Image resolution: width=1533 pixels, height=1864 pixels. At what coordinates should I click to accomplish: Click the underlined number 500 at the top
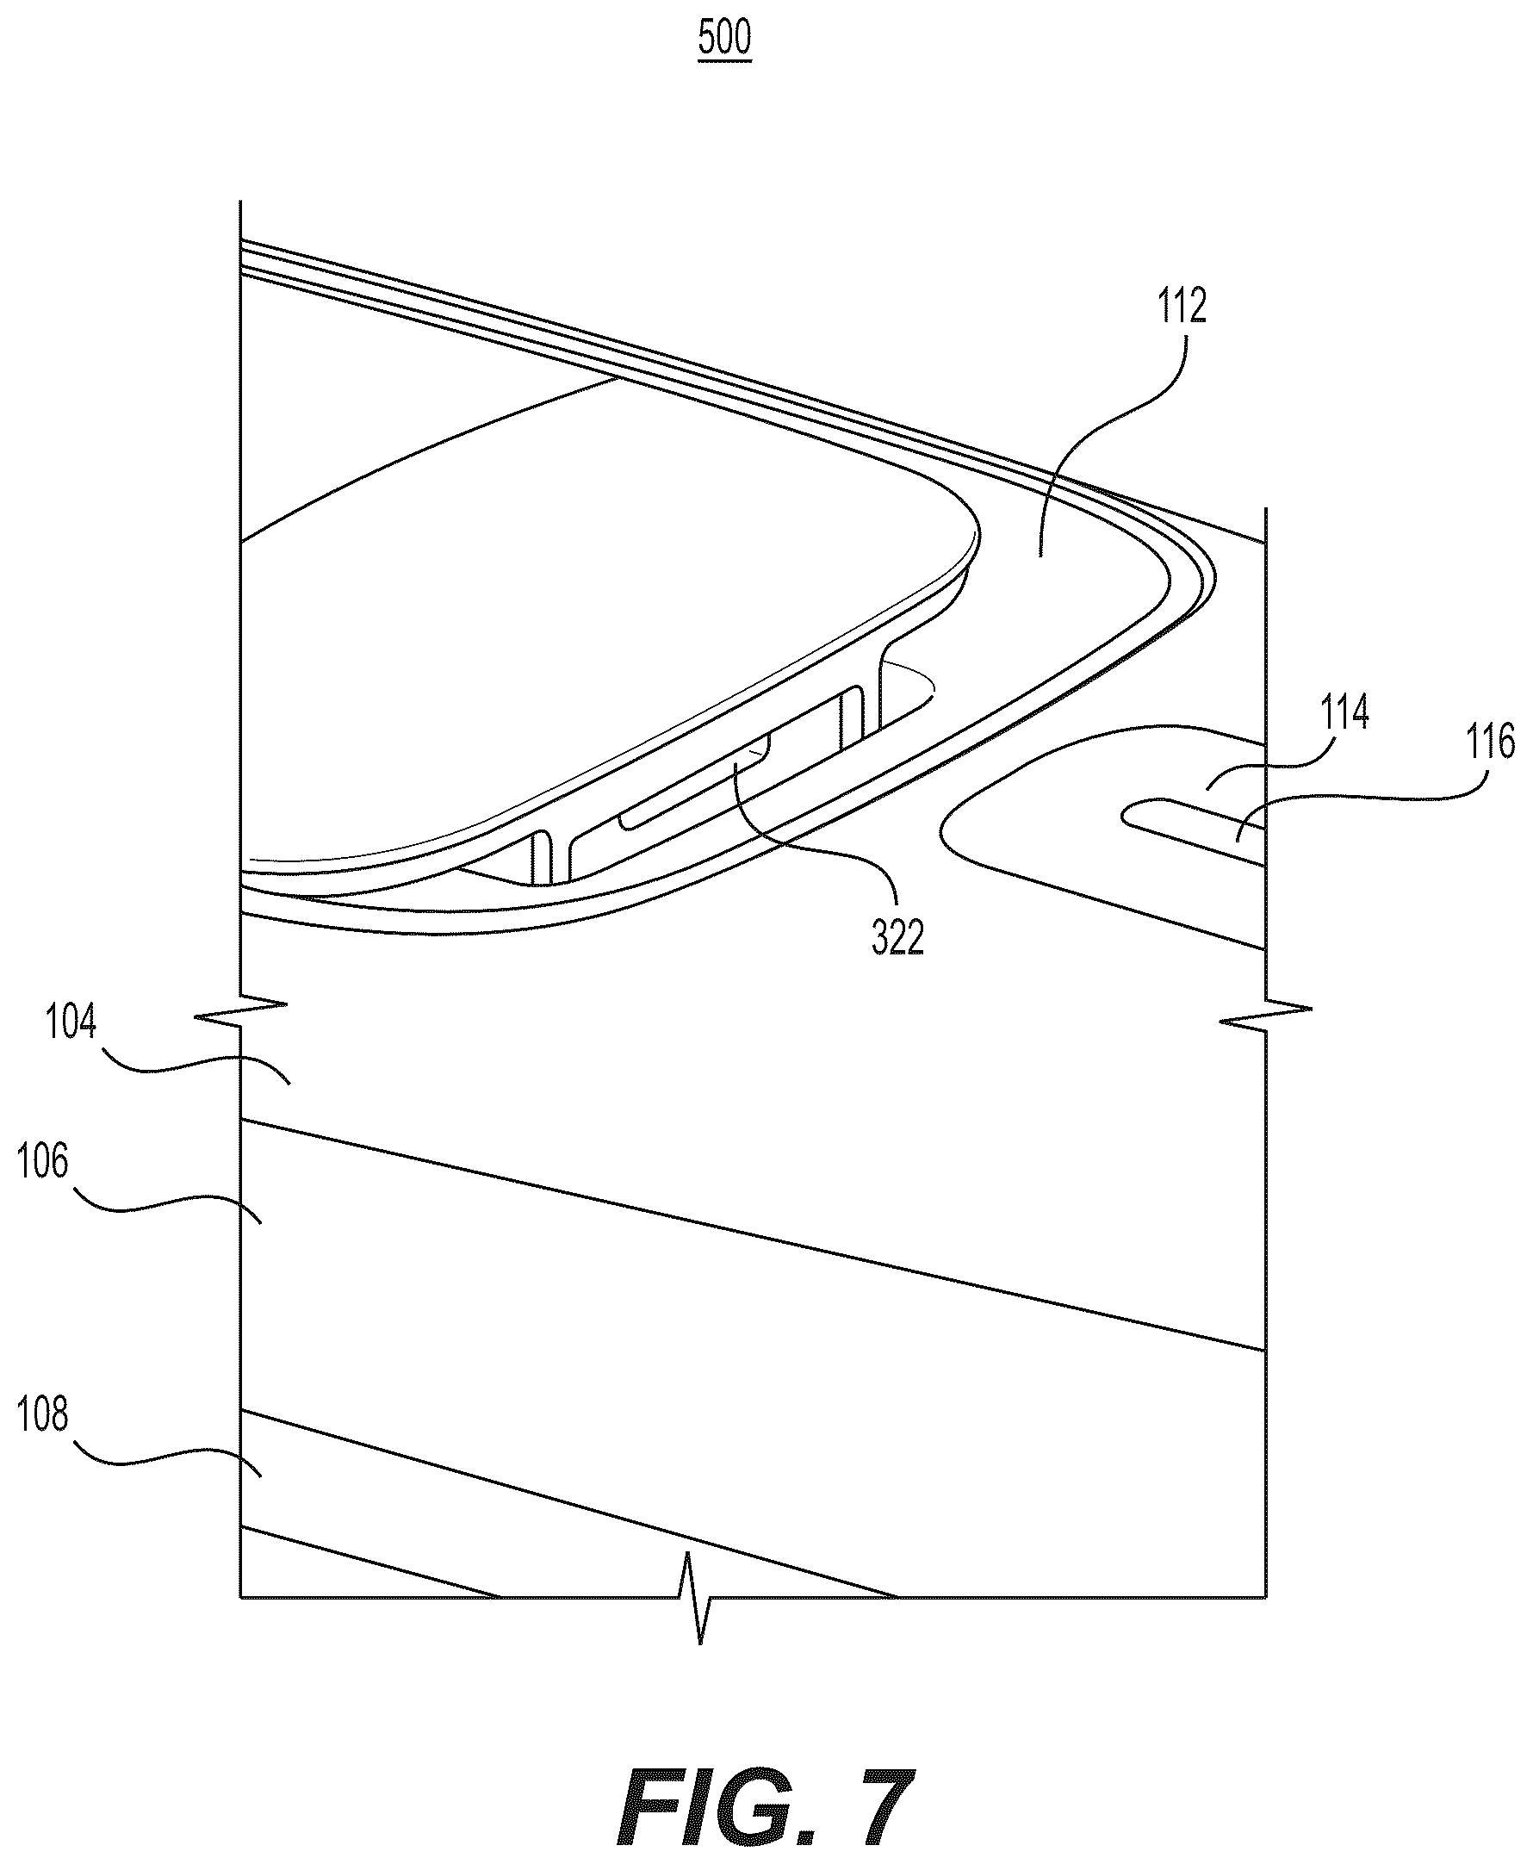pyautogui.click(x=724, y=39)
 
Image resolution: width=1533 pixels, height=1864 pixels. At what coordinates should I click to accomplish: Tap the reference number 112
pyautogui.click(x=1182, y=307)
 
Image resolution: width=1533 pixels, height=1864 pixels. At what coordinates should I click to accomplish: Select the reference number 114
pyautogui.click(x=1344, y=711)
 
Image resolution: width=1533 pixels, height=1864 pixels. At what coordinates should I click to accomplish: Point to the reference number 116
pyautogui.click(x=1491, y=742)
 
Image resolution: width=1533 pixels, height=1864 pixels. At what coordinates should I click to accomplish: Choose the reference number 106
pyautogui.click(x=42, y=1162)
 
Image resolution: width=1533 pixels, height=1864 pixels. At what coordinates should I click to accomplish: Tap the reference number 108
pyautogui.click(x=42, y=1414)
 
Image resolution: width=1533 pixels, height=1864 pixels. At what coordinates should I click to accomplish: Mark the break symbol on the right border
pyautogui.click(x=1266, y=1016)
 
